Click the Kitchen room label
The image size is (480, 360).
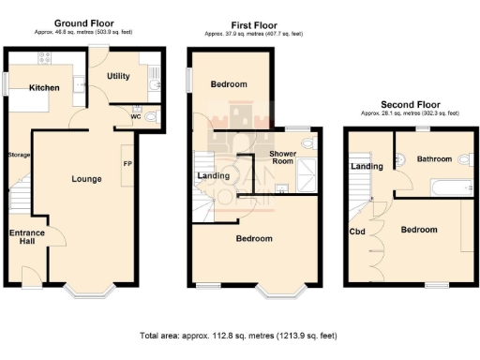[x=44, y=88]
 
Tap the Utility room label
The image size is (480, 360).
[x=118, y=76]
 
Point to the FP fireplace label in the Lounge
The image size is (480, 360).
[x=127, y=164]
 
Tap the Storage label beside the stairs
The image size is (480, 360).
[x=20, y=155]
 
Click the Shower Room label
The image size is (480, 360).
[x=283, y=157]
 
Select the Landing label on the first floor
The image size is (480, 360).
[x=214, y=175]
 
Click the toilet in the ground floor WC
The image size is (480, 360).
[x=153, y=116]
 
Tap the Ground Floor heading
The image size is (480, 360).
[x=84, y=22]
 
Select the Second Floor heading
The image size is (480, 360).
[x=410, y=103]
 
